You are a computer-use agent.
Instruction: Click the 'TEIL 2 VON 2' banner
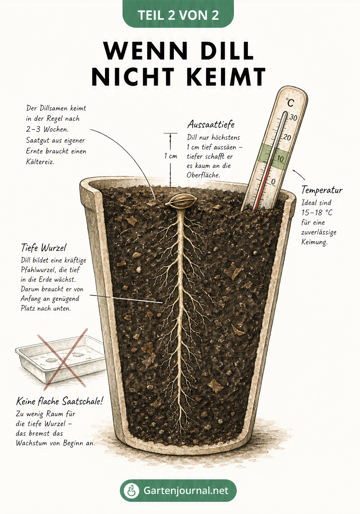pyautogui.click(x=178, y=14)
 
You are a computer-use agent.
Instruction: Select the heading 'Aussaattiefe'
pyautogui.click(x=211, y=125)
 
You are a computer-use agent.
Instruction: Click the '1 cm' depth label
pyautogui.click(x=171, y=156)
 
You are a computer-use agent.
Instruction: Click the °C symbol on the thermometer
pyautogui.click(x=290, y=102)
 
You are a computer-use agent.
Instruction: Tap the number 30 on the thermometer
pyautogui.click(x=293, y=118)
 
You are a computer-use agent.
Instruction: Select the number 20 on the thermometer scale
pyautogui.click(x=287, y=138)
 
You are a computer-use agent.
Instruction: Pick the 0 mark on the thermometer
pyautogui.click(x=273, y=182)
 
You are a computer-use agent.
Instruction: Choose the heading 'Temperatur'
pyautogui.click(x=322, y=190)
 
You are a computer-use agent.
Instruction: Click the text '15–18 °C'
pyautogui.click(x=317, y=213)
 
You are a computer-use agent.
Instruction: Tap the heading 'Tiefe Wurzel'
pyautogui.click(x=44, y=248)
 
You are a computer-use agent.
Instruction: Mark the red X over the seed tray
pyautogui.click(x=62, y=360)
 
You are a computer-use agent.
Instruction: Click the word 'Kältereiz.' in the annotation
pyautogui.click(x=40, y=162)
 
